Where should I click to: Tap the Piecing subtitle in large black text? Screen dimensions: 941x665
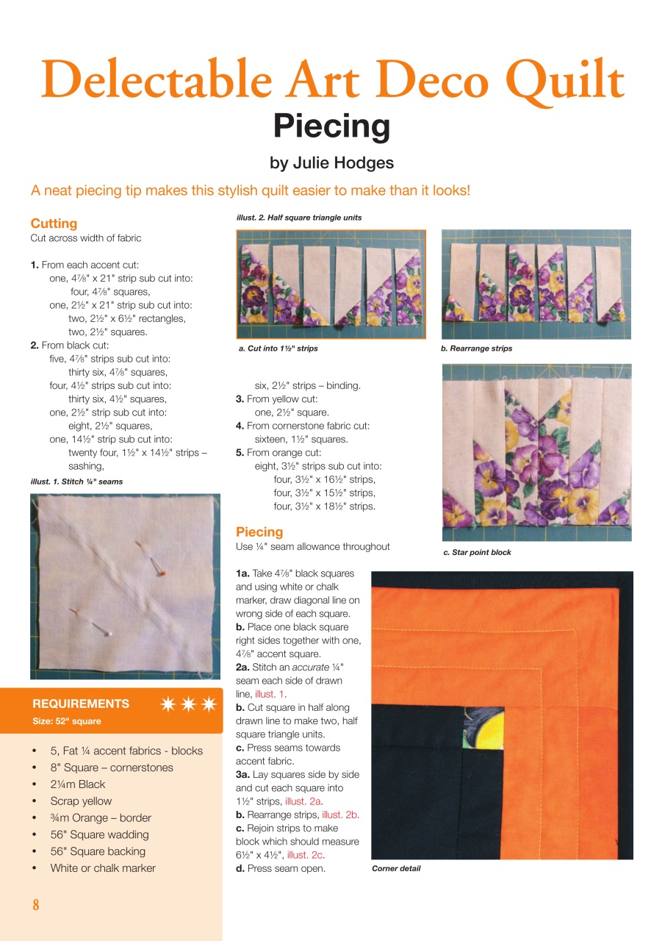331,126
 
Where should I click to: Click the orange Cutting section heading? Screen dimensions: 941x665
54,223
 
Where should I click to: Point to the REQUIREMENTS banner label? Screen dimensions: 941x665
81,704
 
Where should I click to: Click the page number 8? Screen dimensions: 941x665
35,905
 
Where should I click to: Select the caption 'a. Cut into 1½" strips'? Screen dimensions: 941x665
278,348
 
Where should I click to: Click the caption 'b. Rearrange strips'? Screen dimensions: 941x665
476,348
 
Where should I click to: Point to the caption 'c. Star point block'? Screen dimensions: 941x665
477,552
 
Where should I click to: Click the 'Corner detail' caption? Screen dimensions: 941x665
396,868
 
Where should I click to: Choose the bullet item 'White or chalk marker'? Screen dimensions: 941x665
103,868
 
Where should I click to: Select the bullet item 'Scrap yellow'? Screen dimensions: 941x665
81,801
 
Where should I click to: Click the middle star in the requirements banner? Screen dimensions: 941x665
189,704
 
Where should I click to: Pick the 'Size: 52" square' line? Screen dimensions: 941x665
67,721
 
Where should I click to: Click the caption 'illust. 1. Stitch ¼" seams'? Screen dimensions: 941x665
76,482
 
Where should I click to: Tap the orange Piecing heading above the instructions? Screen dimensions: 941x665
259,532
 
